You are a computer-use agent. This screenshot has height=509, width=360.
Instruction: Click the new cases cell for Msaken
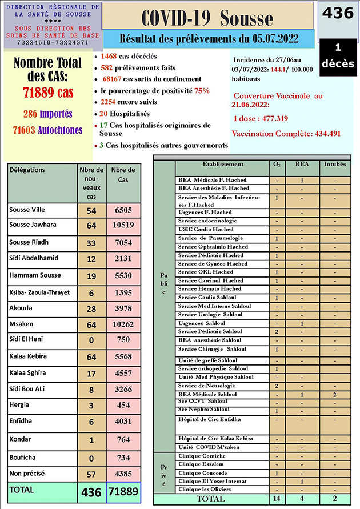(91, 324)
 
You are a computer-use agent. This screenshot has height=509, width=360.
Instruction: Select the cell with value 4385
(123, 474)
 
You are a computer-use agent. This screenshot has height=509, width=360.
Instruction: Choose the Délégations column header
(27, 170)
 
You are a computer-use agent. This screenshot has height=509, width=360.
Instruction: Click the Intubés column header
(334, 164)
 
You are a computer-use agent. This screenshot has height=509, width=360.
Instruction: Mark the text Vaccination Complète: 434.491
(287, 133)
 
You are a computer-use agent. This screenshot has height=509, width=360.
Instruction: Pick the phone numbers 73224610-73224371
(52, 42)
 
